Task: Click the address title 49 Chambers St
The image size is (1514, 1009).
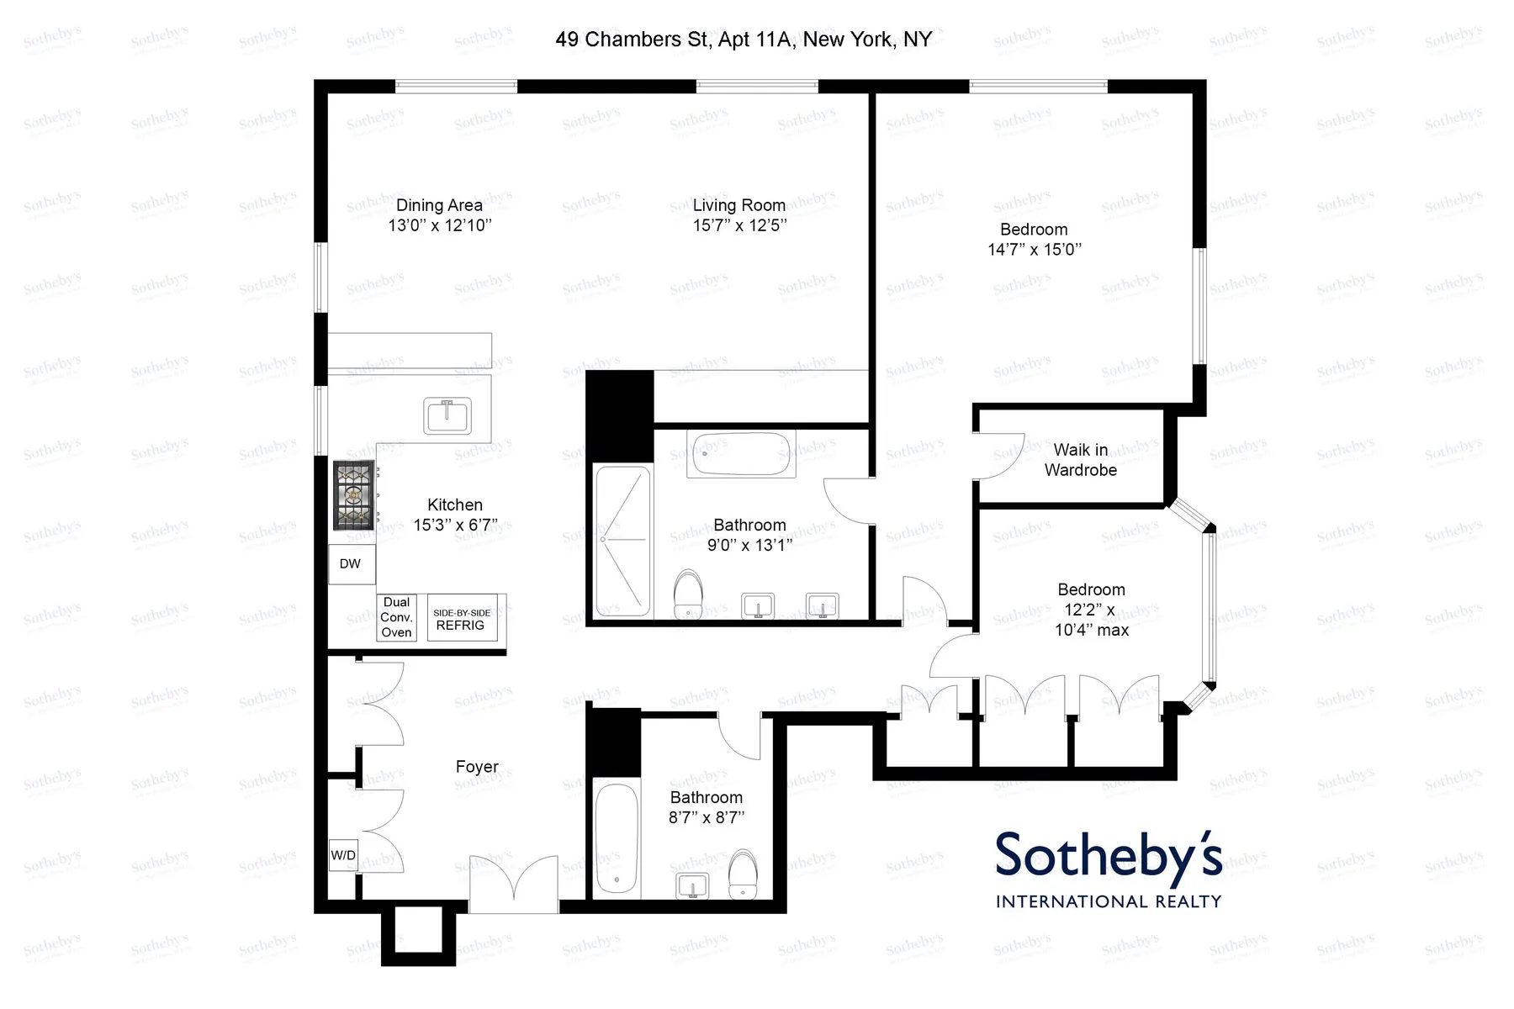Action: click(x=744, y=40)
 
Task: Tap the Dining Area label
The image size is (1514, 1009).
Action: click(x=439, y=205)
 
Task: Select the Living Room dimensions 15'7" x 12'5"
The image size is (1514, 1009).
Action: click(x=739, y=225)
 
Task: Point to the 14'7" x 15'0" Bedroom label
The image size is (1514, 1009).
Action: click(x=1034, y=240)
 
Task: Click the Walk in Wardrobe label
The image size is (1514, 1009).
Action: click(x=1081, y=460)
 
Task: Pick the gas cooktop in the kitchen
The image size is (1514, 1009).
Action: click(x=354, y=495)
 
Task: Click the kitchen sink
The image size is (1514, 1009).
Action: click(x=447, y=415)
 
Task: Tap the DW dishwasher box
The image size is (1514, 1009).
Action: click(x=351, y=564)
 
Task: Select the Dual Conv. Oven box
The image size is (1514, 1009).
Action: click(x=396, y=618)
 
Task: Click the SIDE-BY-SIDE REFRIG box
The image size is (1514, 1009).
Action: click(x=461, y=619)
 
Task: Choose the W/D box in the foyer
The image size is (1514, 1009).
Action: click(x=343, y=855)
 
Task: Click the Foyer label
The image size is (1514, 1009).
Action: click(x=477, y=767)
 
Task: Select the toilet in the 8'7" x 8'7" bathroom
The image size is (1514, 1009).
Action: click(x=743, y=874)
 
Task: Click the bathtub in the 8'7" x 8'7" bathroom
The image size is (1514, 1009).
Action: click(x=617, y=838)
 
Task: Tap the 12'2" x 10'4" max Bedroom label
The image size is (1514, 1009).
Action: click(x=1092, y=610)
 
